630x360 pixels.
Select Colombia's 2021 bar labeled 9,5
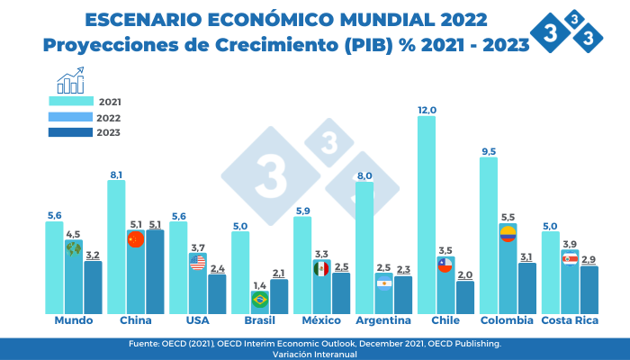(489, 234)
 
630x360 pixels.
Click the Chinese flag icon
(136, 238)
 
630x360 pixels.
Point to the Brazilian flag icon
(259, 299)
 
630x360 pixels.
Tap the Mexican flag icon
(321, 268)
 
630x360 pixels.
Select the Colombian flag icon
(508, 233)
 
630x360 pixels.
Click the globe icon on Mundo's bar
(74, 247)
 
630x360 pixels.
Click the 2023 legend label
(109, 133)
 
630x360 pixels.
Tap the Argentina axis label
(383, 320)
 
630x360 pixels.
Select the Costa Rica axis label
(568, 320)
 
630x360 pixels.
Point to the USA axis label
(197, 320)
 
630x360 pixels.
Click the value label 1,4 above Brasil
(260, 284)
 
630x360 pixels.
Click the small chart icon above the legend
(70, 84)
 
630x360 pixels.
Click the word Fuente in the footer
(145, 344)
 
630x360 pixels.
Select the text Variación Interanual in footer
(314, 354)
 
